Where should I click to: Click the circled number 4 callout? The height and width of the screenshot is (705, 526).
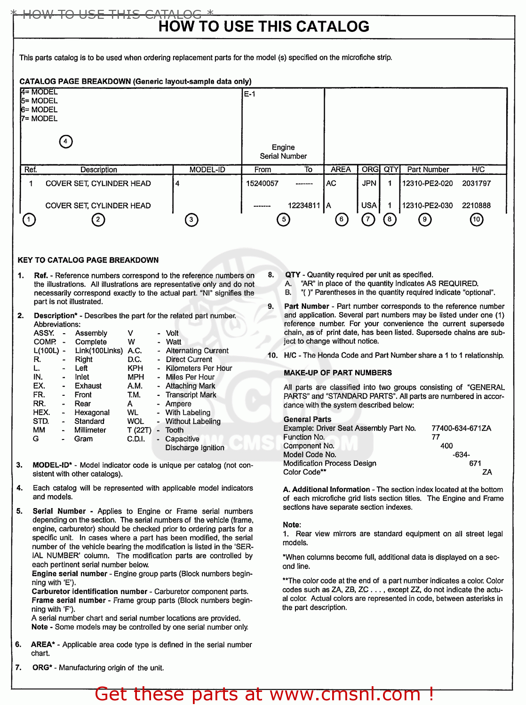[x=66, y=141]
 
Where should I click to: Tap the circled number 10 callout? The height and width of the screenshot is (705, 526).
[x=477, y=219]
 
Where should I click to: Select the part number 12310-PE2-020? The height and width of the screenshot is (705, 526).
[x=427, y=183]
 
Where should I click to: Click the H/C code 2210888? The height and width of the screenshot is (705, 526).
[x=476, y=205]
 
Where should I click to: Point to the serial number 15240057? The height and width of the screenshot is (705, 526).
[x=262, y=183]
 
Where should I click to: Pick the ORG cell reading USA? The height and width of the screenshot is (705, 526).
[x=369, y=205]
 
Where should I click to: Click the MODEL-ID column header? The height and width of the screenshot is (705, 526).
[x=207, y=170]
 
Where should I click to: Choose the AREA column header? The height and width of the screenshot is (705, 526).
[x=341, y=170]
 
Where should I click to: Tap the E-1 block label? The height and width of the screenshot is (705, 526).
[x=249, y=94]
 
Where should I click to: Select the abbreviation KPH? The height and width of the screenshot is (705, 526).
[x=135, y=368]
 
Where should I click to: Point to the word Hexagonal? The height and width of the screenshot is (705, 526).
[x=92, y=413]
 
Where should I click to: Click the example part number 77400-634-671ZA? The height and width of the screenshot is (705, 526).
[x=461, y=428]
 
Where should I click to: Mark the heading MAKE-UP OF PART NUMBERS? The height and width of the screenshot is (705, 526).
[x=337, y=373]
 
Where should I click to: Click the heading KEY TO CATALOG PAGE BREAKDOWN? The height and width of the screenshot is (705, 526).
[x=88, y=260]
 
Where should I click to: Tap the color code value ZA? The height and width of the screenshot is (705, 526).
[x=487, y=472]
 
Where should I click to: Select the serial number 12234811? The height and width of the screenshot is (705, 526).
[x=304, y=205]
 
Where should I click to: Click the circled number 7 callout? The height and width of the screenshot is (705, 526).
[x=368, y=219]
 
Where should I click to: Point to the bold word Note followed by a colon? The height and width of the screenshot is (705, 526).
[x=291, y=525]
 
